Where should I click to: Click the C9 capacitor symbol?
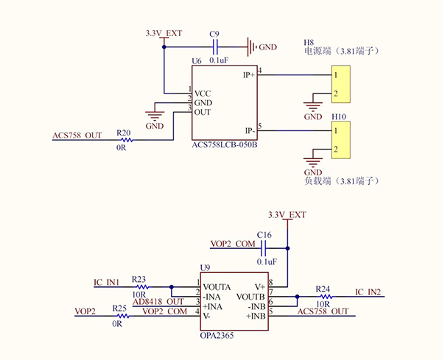pos(215,47)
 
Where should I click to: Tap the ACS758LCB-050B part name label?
pos(224,146)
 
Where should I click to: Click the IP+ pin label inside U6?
pos(248,74)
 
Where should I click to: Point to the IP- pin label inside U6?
pos(249,130)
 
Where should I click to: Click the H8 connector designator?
pos(309,42)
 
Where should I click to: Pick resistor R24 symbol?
pos(323,297)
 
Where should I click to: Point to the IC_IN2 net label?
pos(368,292)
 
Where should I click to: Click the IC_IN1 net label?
pos(107,283)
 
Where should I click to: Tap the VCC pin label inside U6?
pos(203,93)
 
